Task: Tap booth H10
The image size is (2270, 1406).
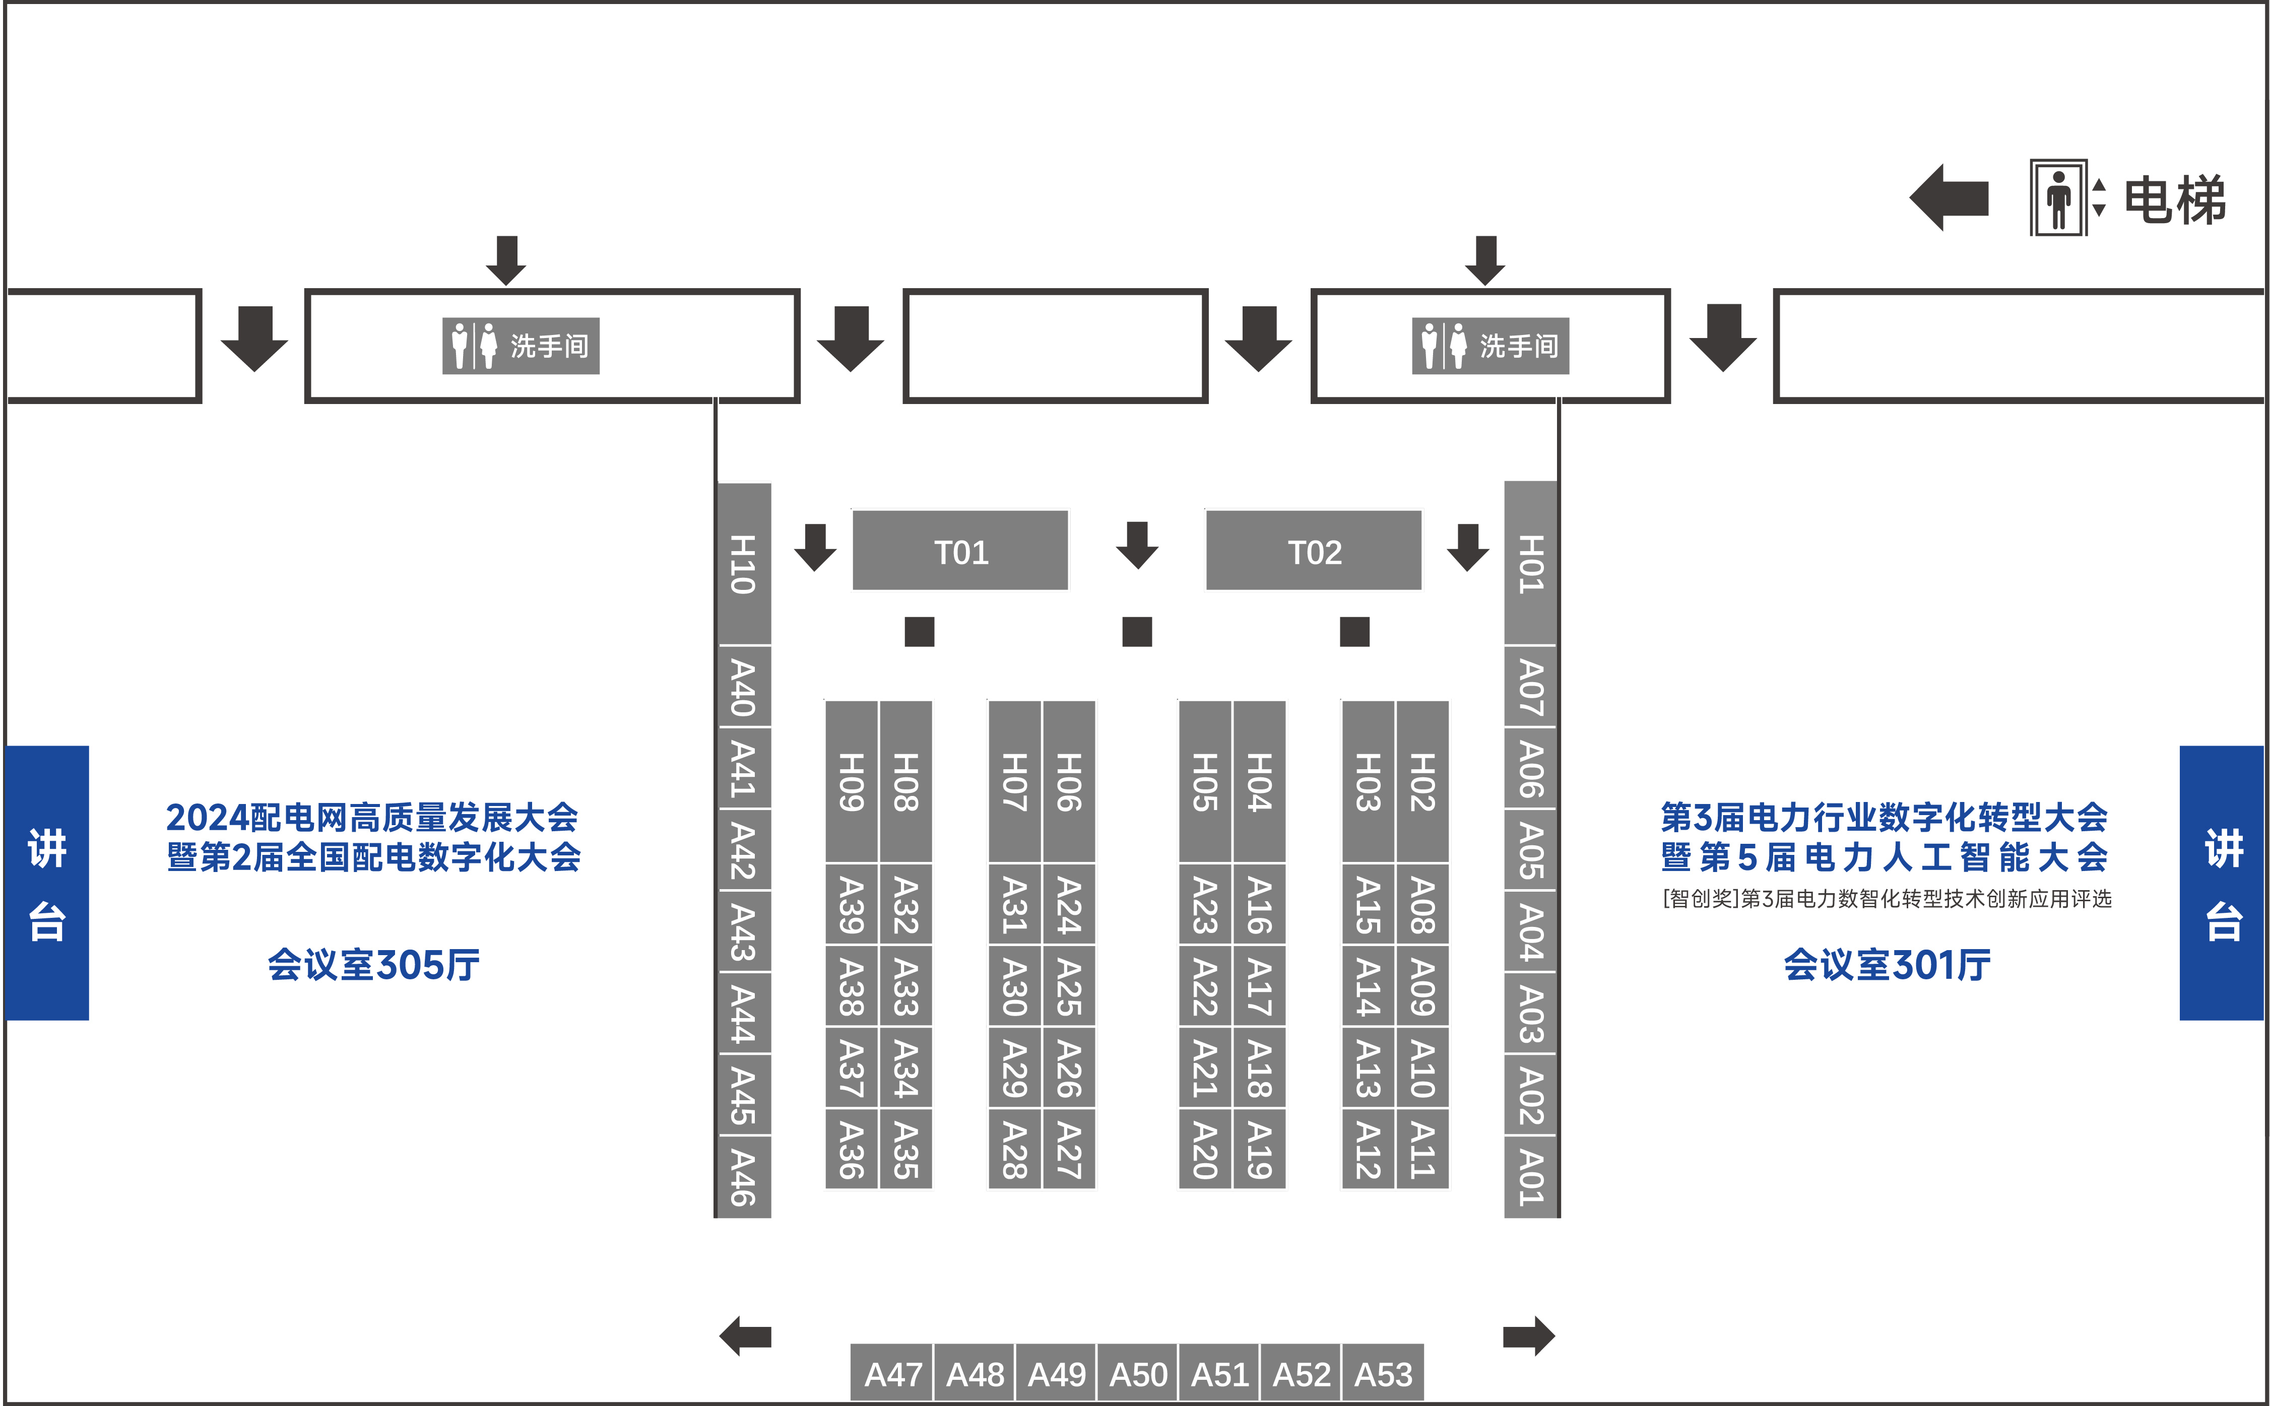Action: point(743,564)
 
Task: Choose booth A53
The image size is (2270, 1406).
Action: point(1383,1373)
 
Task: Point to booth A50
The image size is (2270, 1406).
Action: point(1137,1373)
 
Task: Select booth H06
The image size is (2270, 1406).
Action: point(1069,781)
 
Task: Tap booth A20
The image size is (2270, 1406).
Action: point(1204,1150)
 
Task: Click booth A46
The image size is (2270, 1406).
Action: point(743,1176)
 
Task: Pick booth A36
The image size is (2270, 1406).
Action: point(851,1150)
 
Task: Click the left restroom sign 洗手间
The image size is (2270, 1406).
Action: point(521,346)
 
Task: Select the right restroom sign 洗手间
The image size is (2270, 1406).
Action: point(1490,346)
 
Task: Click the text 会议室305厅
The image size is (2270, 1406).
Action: point(374,964)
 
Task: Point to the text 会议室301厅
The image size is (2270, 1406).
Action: point(1887,964)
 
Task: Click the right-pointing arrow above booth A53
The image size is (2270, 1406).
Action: point(1528,1336)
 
